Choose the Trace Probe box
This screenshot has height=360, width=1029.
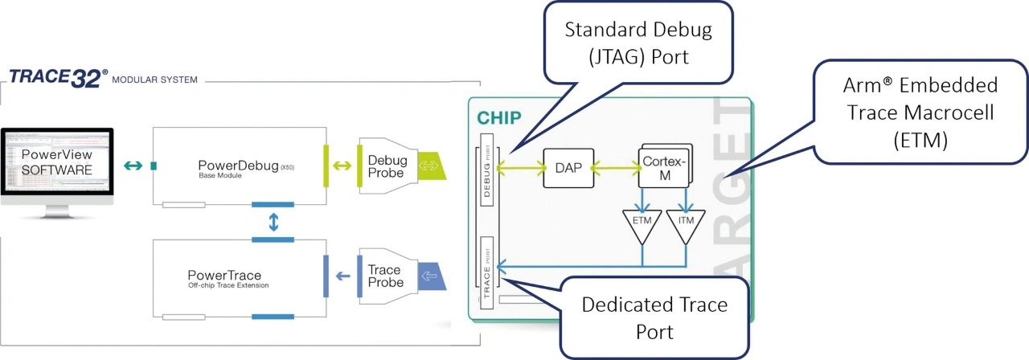coord(387,276)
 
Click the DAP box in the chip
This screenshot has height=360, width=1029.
coord(567,167)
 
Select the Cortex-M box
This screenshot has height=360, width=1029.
coord(662,166)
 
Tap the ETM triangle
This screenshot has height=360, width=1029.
coord(642,224)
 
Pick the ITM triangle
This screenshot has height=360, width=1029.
coord(686,224)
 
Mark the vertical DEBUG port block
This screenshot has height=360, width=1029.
coord(486,169)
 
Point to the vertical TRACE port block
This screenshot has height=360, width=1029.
coord(487,272)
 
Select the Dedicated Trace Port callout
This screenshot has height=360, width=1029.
coord(654,317)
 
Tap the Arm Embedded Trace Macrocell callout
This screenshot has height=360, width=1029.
coord(919,112)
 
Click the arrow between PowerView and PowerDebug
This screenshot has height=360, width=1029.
coord(133,167)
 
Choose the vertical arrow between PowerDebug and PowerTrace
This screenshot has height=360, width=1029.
coord(273,222)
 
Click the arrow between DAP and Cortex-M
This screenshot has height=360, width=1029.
coord(615,167)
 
